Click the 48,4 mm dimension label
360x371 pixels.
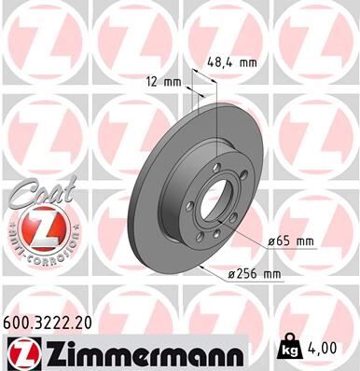point(230,63)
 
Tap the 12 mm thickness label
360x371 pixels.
point(164,81)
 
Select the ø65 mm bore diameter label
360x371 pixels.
point(291,241)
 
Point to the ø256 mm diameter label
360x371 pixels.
point(255,273)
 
